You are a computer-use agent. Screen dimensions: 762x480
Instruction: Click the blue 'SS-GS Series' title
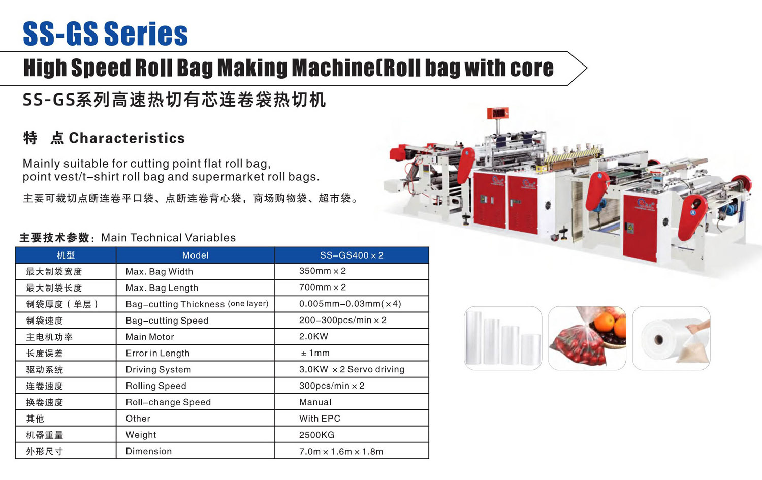[x=105, y=34]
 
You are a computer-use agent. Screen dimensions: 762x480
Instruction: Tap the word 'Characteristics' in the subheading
[x=127, y=138]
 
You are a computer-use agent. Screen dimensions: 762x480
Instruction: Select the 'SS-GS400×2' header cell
[x=352, y=255]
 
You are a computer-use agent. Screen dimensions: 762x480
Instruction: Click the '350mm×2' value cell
[x=322, y=271]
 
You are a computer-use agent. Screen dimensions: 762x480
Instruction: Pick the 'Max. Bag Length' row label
[x=162, y=288]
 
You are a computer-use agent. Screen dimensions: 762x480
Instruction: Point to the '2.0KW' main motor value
[x=313, y=336]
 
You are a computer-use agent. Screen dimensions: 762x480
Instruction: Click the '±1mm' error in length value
[x=315, y=353]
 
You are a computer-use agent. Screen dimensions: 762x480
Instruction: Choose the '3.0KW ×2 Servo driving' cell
[x=352, y=369]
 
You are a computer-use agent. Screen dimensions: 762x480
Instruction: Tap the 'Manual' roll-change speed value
[x=315, y=402]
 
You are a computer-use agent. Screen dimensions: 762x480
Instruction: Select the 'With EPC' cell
[x=320, y=419]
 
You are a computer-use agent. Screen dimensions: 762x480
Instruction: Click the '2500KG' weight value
[x=316, y=435]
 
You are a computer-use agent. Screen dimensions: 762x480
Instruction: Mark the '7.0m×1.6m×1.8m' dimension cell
[x=341, y=452]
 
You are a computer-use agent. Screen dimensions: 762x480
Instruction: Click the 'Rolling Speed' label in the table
[x=156, y=386]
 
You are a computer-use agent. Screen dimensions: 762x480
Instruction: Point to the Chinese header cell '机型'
[x=66, y=255]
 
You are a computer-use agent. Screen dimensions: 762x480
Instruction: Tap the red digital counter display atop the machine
[x=497, y=113]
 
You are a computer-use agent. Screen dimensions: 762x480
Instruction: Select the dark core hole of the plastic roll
[x=658, y=339]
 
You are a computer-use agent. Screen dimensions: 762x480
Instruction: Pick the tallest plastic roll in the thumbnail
[x=473, y=337]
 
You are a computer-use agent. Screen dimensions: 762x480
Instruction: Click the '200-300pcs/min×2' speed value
[x=342, y=320]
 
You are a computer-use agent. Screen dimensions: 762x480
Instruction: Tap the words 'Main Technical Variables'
[x=168, y=237]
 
